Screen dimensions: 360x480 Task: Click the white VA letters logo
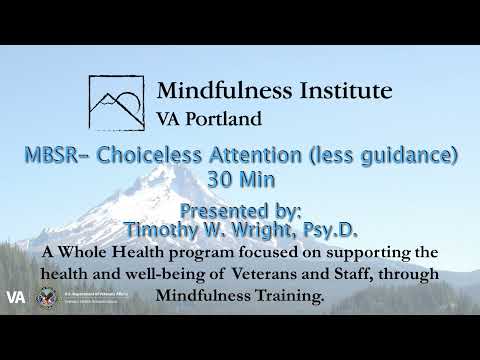tap(16, 297)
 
